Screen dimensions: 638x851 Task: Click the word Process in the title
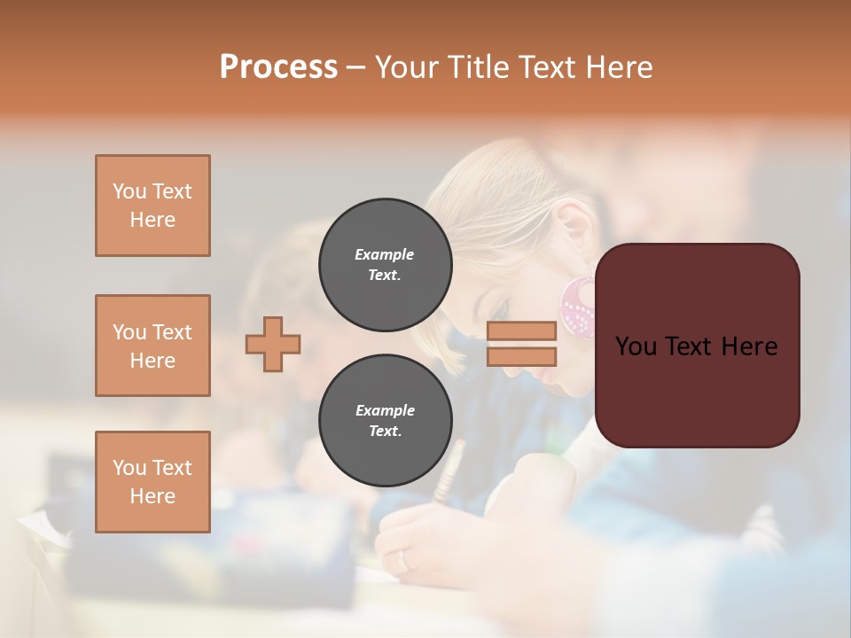pyautogui.click(x=278, y=67)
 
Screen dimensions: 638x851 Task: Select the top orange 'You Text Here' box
pyautogui.click(x=152, y=206)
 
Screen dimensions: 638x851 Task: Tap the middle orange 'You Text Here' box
pyautogui.click(x=152, y=346)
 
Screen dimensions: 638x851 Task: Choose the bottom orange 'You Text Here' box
pyautogui.click(x=152, y=482)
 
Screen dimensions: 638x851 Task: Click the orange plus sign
pyautogui.click(x=273, y=344)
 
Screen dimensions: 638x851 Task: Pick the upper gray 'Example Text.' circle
pyautogui.click(x=385, y=265)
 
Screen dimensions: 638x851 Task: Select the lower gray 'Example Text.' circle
pyautogui.click(x=385, y=421)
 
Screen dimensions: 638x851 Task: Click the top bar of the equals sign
pyautogui.click(x=521, y=331)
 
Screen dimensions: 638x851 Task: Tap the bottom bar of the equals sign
pyautogui.click(x=521, y=357)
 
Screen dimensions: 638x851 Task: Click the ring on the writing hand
pyautogui.click(x=404, y=560)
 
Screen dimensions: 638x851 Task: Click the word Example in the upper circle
pyautogui.click(x=385, y=254)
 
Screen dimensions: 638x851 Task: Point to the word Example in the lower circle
pyautogui.click(x=385, y=410)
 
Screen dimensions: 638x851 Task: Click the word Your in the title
pyautogui.click(x=406, y=67)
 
